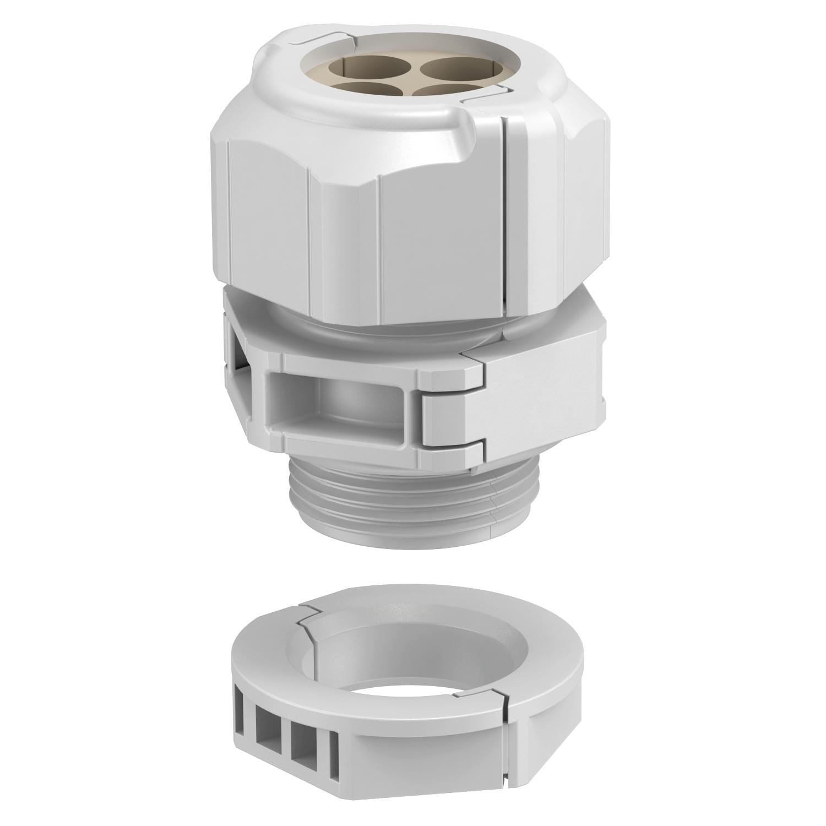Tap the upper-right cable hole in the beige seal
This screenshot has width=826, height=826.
pyautogui.click(x=450, y=68)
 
